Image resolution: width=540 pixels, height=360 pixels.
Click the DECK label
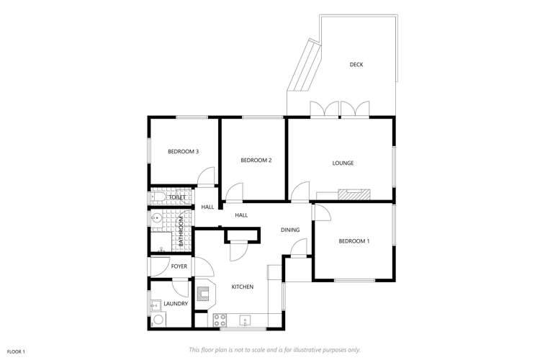click(x=356, y=65)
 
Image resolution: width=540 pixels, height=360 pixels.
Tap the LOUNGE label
click(x=343, y=163)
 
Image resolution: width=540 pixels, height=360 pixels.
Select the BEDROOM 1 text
click(x=354, y=240)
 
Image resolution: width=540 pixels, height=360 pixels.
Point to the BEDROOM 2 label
click(x=256, y=160)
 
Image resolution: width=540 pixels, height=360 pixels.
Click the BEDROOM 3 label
click(x=183, y=151)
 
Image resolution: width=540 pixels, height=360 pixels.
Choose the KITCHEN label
click(x=242, y=287)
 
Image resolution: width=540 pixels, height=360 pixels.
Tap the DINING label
click(x=290, y=230)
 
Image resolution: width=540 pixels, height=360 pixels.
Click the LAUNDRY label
click(x=176, y=304)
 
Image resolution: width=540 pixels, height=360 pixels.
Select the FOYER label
click(x=179, y=266)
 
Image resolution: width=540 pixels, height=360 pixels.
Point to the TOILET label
click(x=178, y=197)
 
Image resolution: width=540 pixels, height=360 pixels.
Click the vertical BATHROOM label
click(x=181, y=232)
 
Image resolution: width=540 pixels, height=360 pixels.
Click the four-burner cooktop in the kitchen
click(x=219, y=319)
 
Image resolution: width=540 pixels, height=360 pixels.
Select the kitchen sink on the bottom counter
click(x=246, y=320)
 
